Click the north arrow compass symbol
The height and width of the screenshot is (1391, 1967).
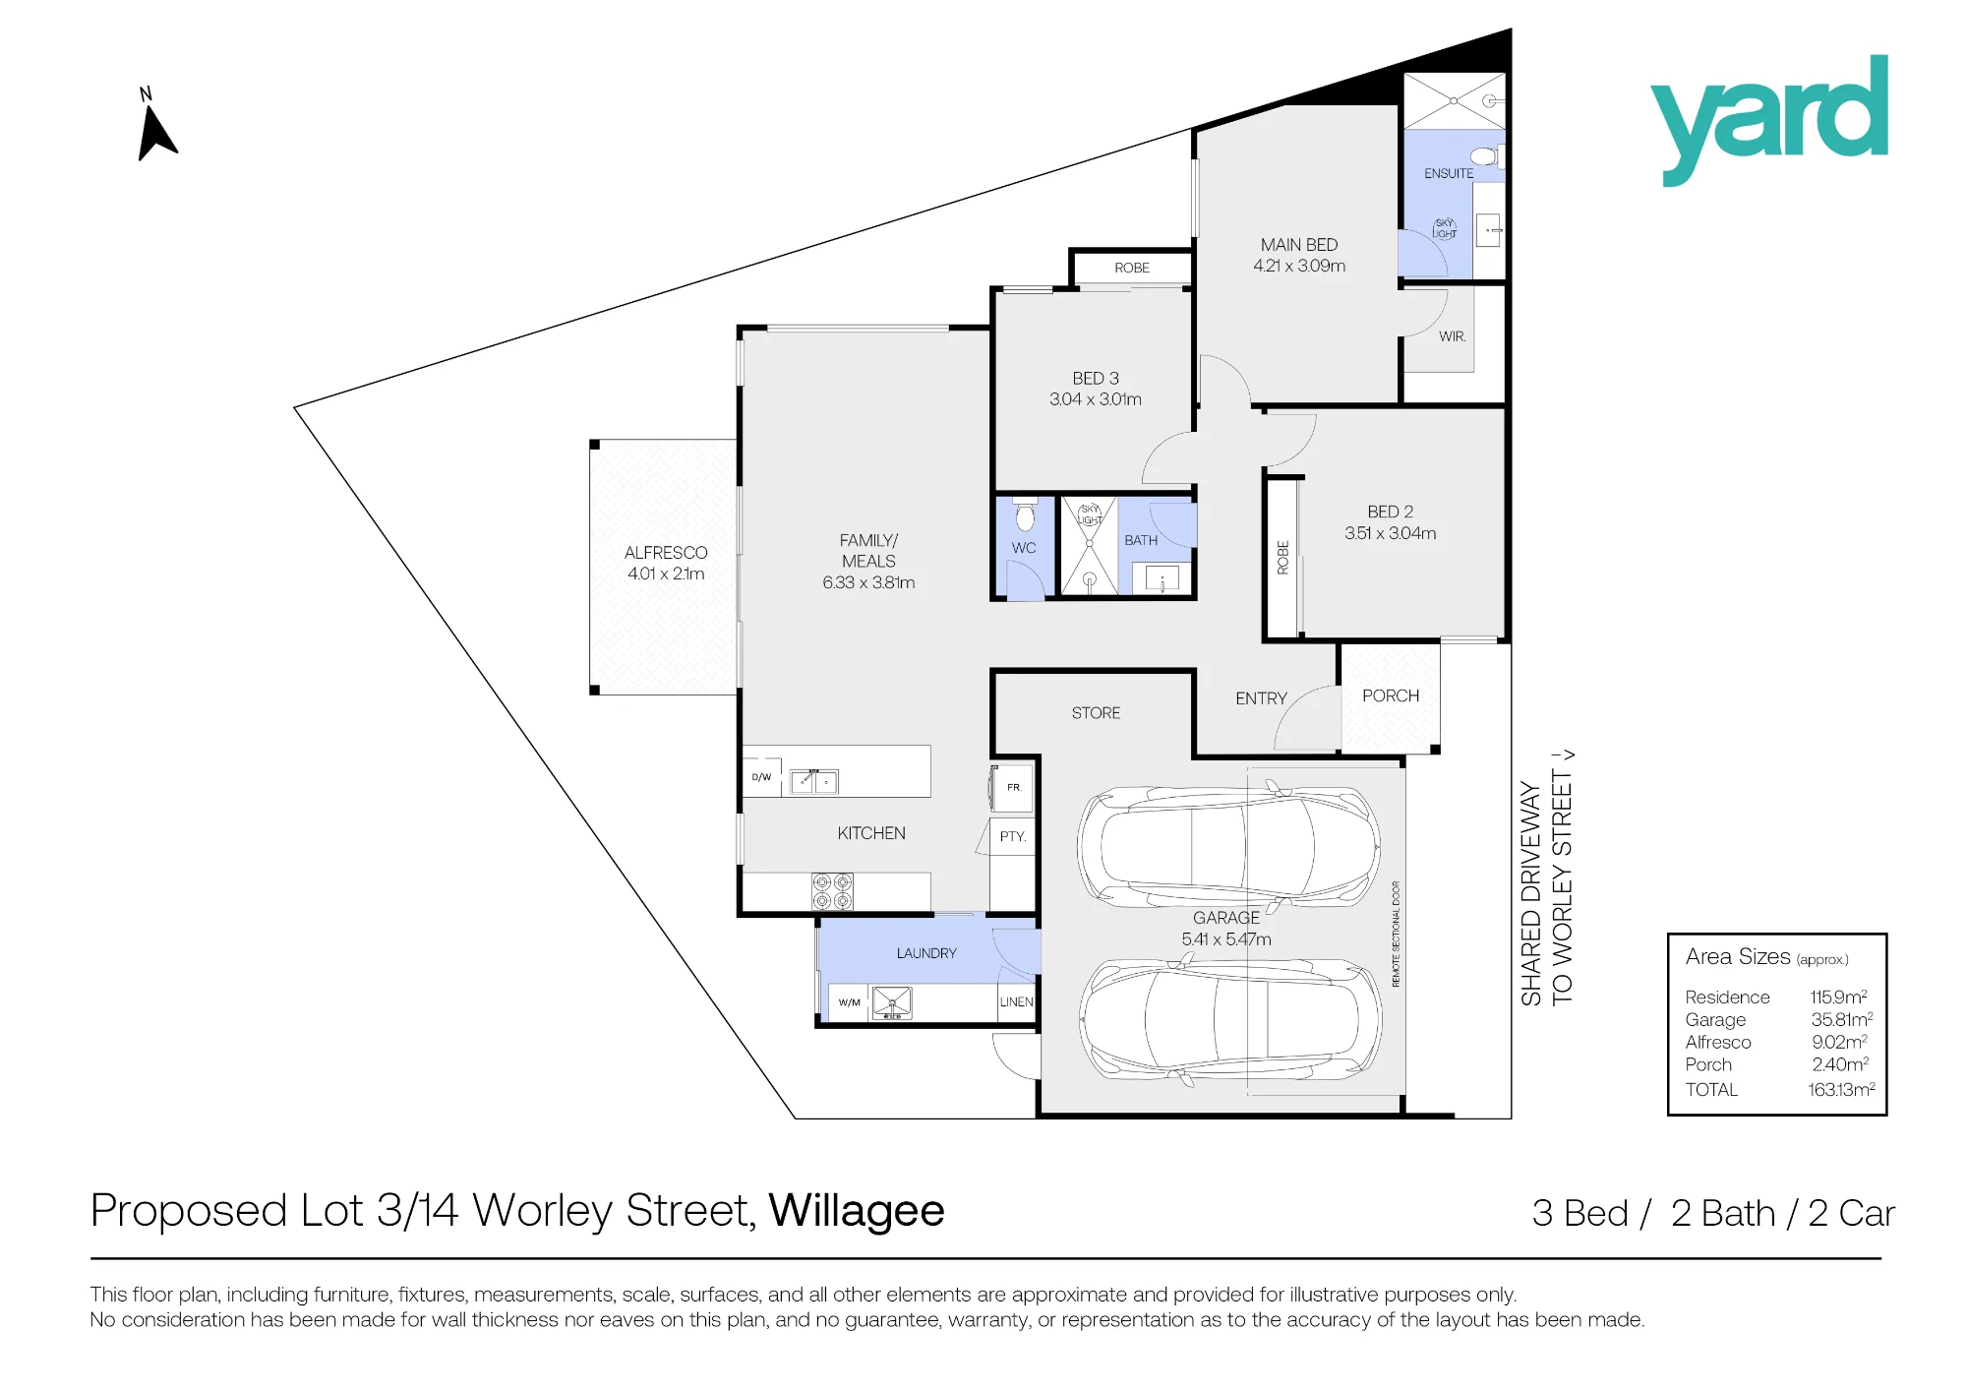(155, 126)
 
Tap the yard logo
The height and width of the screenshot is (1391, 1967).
(1769, 119)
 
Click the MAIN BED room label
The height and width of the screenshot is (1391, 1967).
(1299, 245)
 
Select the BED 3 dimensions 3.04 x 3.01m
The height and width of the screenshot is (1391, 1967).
(1095, 399)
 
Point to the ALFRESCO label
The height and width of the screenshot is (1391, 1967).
(666, 553)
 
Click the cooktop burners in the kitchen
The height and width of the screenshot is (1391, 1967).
(832, 891)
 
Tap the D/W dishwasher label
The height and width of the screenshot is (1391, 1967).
(762, 777)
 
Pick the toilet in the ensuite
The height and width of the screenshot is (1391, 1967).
(1484, 155)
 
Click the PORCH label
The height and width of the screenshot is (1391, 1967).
(1391, 695)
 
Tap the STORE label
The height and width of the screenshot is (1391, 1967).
(1096, 713)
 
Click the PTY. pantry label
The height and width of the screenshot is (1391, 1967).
(1012, 836)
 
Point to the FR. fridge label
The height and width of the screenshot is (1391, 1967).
(1014, 787)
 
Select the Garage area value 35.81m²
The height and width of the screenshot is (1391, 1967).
(1841, 1020)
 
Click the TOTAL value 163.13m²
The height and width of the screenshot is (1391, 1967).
(1841, 1089)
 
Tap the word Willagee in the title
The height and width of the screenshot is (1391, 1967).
(857, 1211)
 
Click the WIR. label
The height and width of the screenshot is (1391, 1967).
(1452, 336)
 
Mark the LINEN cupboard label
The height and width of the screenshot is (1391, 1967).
(1016, 1001)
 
